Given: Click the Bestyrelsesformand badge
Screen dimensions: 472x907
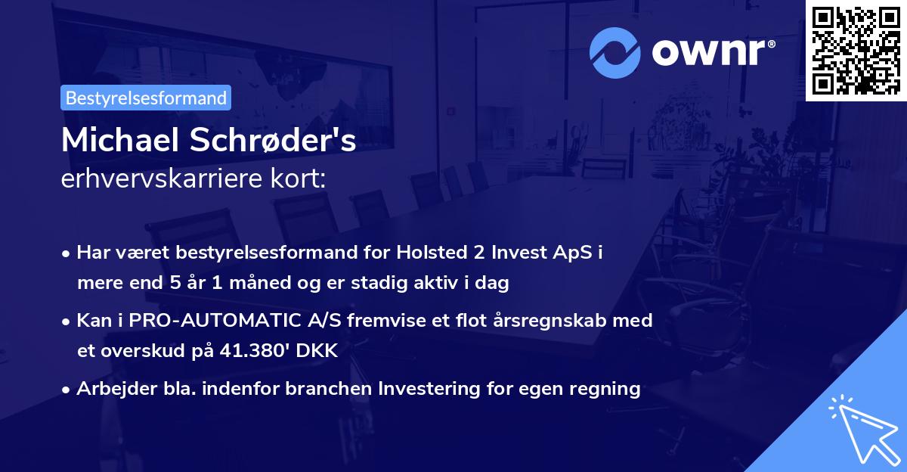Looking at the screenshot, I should pos(146,98).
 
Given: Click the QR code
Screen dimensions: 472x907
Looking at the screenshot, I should pos(856,51).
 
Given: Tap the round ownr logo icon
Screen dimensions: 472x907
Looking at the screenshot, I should pos(614,53).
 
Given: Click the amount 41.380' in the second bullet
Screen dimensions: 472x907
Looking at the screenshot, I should pos(267,351).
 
